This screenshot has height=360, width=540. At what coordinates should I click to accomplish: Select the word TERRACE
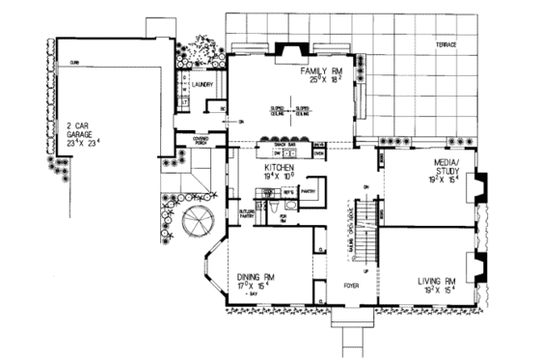[445, 46]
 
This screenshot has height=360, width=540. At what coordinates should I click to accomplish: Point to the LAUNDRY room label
[202, 85]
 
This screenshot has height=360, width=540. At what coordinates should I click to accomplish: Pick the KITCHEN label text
[279, 167]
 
